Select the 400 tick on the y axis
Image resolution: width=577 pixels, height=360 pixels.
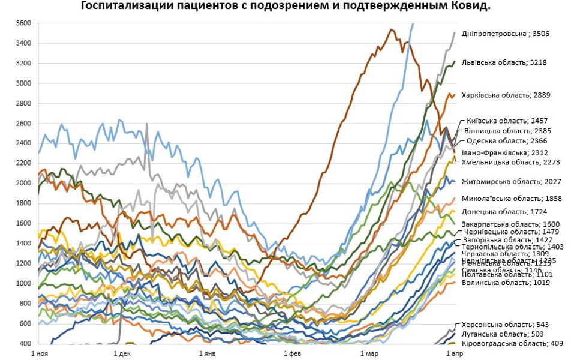(25, 344)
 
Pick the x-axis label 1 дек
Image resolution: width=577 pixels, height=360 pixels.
(122, 355)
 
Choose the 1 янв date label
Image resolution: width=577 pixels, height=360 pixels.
(207, 355)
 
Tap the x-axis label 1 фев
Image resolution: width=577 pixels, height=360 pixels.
(292, 355)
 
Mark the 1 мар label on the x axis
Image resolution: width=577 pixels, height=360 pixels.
(371, 355)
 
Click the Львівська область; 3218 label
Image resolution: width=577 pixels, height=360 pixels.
(504, 62)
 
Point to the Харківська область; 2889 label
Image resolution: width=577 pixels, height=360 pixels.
(506, 95)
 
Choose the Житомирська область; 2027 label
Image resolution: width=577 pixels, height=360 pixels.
(511, 181)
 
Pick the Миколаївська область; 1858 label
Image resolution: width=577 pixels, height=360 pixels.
(510, 198)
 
